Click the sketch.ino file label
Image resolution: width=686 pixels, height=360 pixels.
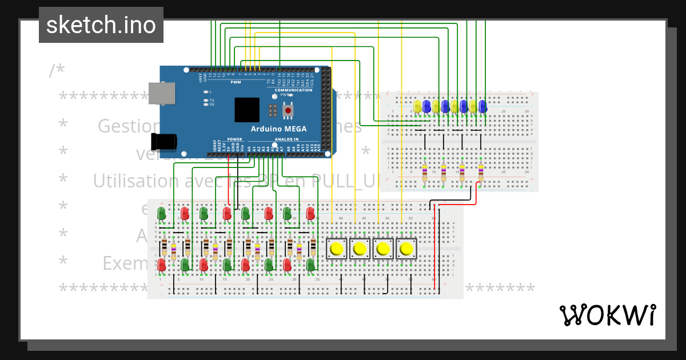pyautogui.click(x=101, y=25)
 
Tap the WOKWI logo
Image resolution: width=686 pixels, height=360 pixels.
pyautogui.click(x=607, y=315)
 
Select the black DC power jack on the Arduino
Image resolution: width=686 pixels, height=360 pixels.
pyautogui.click(x=163, y=142)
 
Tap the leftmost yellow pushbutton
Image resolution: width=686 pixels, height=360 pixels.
pyautogui.click(x=336, y=249)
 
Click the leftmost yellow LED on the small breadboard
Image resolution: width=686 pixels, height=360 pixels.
pyautogui.click(x=417, y=106)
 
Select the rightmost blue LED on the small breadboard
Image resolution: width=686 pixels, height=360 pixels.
pyautogui.click(x=482, y=106)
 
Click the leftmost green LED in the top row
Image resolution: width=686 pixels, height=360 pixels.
pyautogui.click(x=161, y=214)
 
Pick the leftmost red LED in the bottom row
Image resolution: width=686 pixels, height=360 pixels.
pyautogui.click(x=162, y=265)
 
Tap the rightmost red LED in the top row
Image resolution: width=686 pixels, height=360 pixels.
pyautogui.click(x=310, y=214)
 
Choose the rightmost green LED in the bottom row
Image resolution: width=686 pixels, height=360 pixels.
pyautogui.click(x=310, y=265)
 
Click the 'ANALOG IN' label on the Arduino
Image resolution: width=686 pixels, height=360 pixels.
pyautogui.click(x=286, y=139)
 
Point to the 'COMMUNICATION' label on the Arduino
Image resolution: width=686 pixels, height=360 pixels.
pyautogui.click(x=293, y=90)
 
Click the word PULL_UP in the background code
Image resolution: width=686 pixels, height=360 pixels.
pyautogui.click(x=349, y=181)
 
